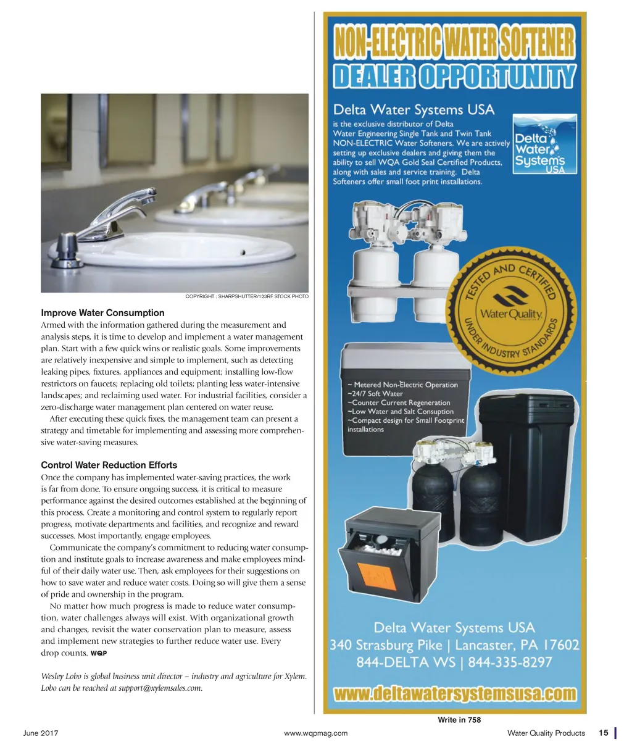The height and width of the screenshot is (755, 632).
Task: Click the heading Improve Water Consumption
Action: (102, 313)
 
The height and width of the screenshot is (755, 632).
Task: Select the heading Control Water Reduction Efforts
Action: (109, 465)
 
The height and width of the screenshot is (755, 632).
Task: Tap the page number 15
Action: (603, 733)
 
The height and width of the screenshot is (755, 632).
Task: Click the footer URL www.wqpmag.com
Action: (315, 733)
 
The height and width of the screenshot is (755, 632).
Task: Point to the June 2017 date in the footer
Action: (41, 733)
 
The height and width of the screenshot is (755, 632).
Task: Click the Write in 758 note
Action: (459, 720)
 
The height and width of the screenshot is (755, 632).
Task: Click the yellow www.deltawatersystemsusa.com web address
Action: (455, 694)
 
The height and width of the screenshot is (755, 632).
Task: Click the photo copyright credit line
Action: (246, 297)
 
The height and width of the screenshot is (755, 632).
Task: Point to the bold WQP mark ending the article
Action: (99, 653)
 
